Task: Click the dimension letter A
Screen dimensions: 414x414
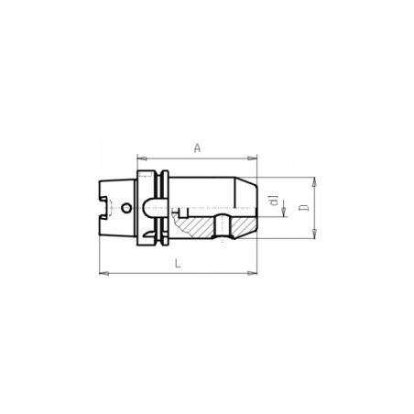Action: pos(198,148)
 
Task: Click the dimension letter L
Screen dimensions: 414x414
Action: pos(178,263)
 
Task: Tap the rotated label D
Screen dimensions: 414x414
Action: pos(304,208)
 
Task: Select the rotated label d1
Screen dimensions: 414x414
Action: pos(275,200)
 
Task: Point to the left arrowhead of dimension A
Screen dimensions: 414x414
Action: pos(142,158)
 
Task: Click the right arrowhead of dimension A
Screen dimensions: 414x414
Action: pos(252,158)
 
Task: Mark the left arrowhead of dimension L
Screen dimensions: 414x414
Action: pos(104,273)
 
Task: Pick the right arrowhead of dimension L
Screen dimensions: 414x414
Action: pos(252,273)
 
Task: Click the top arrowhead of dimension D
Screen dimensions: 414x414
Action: pos(314,181)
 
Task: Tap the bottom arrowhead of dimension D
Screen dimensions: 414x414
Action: pos(314,234)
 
